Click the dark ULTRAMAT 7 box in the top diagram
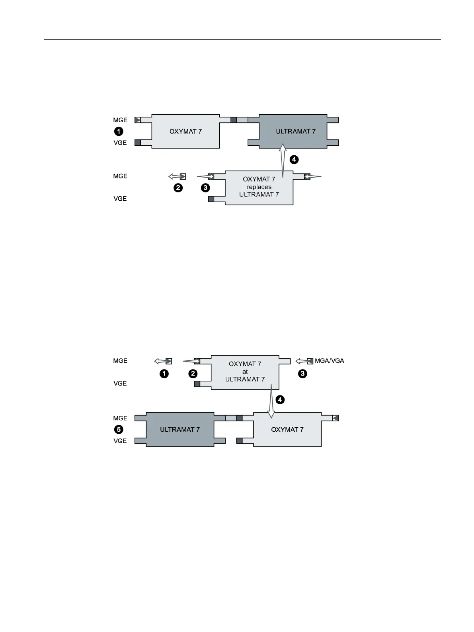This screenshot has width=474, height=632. pyautogui.click(x=293, y=131)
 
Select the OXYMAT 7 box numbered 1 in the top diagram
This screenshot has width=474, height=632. pyautogui.click(x=185, y=131)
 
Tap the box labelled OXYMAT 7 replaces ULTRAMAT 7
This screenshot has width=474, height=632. pyautogui.click(x=259, y=187)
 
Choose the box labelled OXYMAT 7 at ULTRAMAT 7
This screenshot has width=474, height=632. pyautogui.click(x=245, y=372)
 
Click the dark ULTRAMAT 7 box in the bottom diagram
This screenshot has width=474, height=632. pyautogui.click(x=180, y=429)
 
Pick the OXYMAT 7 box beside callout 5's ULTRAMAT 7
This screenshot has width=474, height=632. pyautogui.click(x=287, y=429)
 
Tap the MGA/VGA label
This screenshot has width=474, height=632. pyautogui.click(x=330, y=361)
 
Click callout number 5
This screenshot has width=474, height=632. pyautogui.click(x=119, y=429)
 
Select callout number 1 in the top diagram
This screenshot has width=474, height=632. pyautogui.click(x=119, y=131)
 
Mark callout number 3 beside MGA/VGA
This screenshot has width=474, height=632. pyautogui.click(x=303, y=374)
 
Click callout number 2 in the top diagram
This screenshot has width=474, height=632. pyautogui.click(x=178, y=188)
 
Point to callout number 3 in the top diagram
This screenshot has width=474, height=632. pyautogui.click(x=205, y=188)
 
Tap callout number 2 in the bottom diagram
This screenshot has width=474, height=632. pyautogui.click(x=193, y=374)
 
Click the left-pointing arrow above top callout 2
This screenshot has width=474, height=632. pyautogui.click(x=174, y=176)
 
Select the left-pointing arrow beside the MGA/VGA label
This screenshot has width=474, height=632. pyautogui.click(x=301, y=361)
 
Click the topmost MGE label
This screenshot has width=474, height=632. pyautogui.click(x=120, y=120)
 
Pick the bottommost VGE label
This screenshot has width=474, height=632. pyautogui.click(x=120, y=441)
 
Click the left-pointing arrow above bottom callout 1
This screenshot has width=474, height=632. pyautogui.click(x=160, y=361)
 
